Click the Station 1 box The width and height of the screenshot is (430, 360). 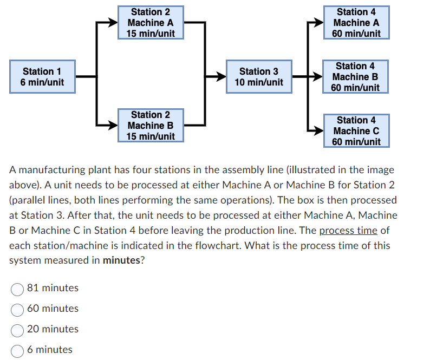click(x=42, y=77)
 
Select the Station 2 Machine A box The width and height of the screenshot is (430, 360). click(x=151, y=23)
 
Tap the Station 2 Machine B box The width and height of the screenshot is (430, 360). click(x=151, y=126)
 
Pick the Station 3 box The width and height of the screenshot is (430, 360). click(x=259, y=77)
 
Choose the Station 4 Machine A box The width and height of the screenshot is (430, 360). click(x=356, y=23)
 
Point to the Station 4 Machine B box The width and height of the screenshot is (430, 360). click(x=355, y=77)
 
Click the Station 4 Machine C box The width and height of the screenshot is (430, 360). click(x=356, y=131)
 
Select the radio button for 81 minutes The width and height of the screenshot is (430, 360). click(x=18, y=288)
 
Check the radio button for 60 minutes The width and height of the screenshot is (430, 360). click(x=18, y=309)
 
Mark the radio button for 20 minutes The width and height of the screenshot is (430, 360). click(x=18, y=329)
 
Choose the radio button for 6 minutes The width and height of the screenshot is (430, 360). click(x=18, y=350)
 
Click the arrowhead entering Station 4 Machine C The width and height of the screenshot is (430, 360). click(x=318, y=131)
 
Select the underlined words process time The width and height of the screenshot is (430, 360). click(x=348, y=230)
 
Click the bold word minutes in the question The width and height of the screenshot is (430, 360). click(x=121, y=260)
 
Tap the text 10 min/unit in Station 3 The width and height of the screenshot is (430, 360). click(x=259, y=82)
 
